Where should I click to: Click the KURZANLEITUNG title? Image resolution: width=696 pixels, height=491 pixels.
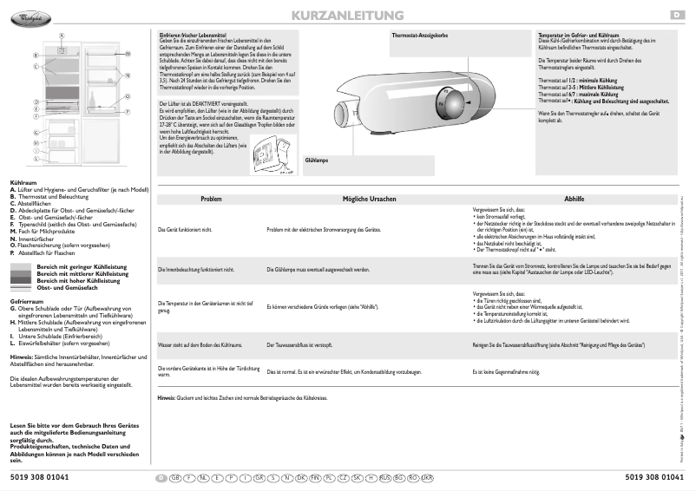(349, 16)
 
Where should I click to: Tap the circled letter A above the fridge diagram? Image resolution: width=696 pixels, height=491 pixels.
(62, 36)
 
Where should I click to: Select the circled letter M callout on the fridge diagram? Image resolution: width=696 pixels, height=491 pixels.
(127, 54)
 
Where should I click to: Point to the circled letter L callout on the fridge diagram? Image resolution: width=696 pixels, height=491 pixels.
(36, 160)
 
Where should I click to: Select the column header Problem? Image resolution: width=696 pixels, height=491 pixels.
(211, 199)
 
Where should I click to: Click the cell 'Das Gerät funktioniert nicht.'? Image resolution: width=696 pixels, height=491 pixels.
(184, 229)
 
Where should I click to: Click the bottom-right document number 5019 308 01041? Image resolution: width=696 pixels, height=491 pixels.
(656, 478)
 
